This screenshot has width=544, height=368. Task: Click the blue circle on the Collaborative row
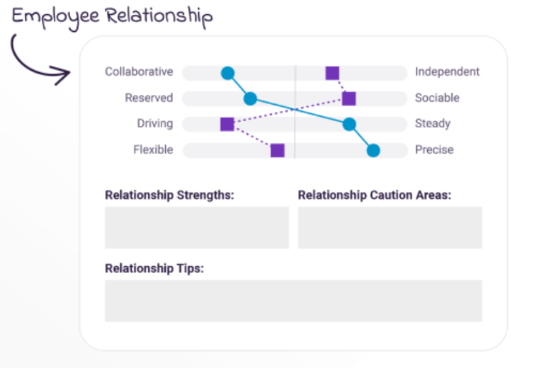coord(227,72)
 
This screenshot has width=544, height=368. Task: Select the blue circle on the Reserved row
coord(250,98)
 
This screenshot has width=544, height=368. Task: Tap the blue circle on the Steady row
coord(348,125)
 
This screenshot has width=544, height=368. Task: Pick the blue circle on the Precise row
coord(373,150)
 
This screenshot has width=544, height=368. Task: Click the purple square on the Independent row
coord(332,72)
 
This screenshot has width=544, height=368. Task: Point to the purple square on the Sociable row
coord(348,98)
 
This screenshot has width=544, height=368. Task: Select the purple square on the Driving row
coord(227,125)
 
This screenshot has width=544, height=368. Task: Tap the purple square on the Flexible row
coord(278,150)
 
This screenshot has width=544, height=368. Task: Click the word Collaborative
coord(139,71)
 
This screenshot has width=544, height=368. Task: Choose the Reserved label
coord(149,98)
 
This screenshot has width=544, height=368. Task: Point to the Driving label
coord(155,124)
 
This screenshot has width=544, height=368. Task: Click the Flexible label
coord(153,150)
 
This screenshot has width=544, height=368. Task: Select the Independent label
coord(447,71)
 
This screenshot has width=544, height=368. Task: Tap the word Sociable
coord(437,98)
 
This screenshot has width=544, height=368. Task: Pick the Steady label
coord(433,124)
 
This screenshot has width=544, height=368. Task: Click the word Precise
coord(434,150)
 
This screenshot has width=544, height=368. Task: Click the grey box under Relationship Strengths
coord(197,227)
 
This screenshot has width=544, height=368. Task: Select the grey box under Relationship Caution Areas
coord(390,227)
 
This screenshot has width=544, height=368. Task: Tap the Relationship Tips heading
coord(154,269)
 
